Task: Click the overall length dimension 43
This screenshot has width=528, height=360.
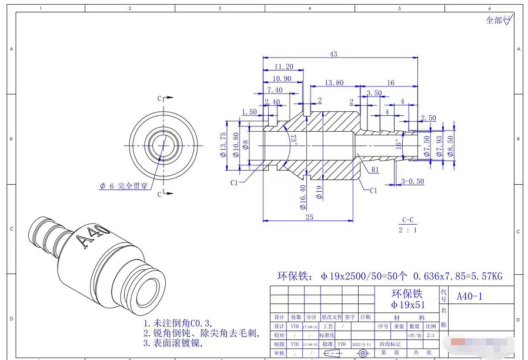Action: (x=333, y=54)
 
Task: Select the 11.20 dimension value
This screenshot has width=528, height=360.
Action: (x=284, y=67)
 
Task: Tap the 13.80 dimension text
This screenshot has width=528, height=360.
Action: (x=333, y=83)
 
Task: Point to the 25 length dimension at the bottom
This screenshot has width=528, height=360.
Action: (x=309, y=217)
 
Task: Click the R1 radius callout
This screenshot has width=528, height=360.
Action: (x=375, y=169)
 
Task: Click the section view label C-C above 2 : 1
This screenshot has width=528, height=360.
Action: (x=408, y=220)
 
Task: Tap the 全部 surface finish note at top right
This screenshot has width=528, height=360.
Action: (x=493, y=21)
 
